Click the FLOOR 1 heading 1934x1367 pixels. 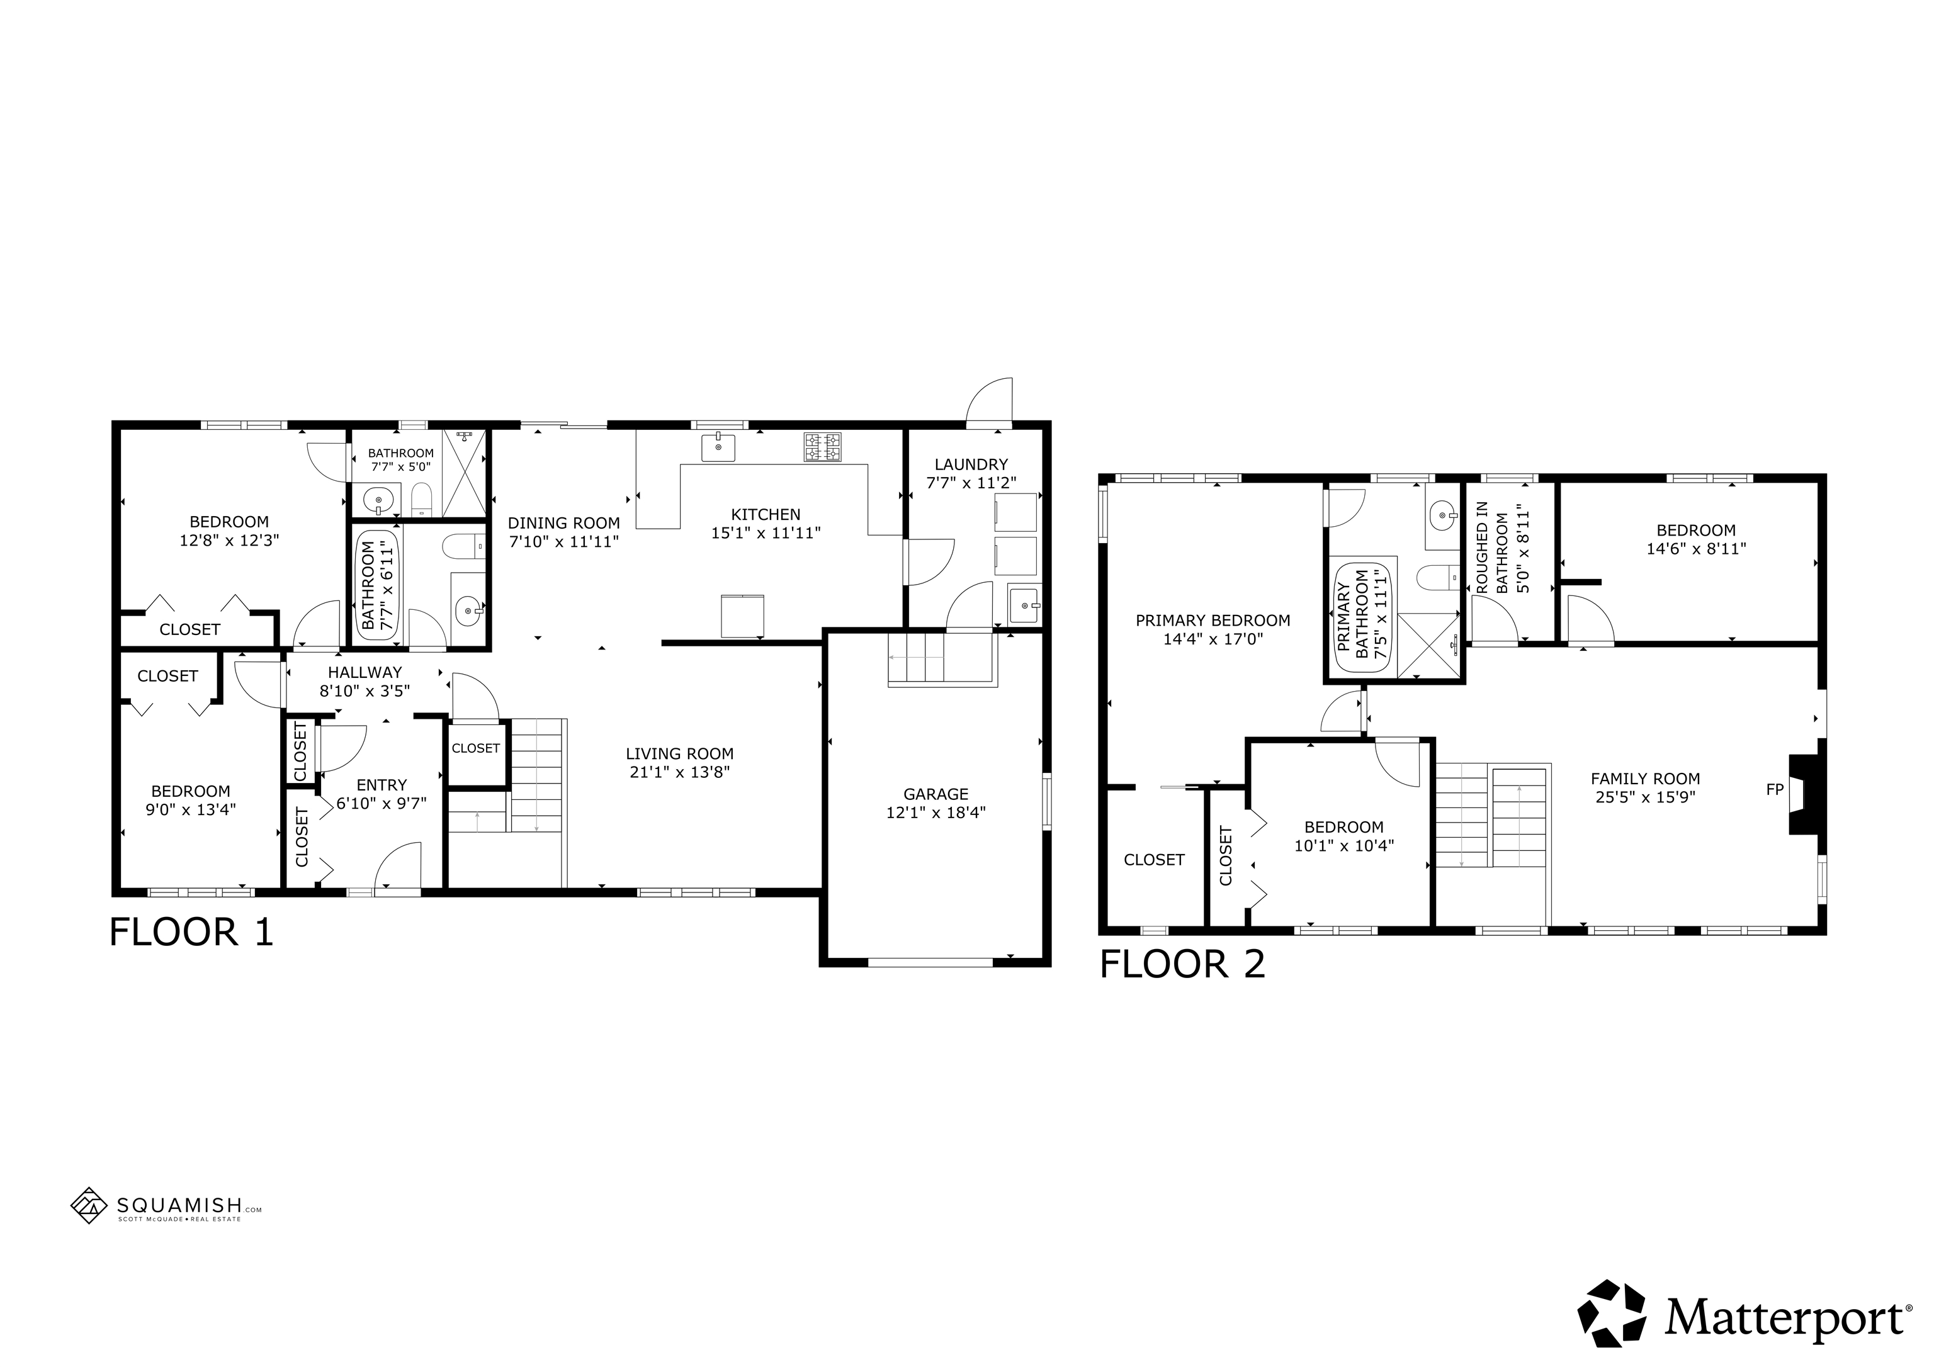pos(192,932)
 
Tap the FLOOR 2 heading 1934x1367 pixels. pos(1183,964)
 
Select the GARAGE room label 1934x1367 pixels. pos(936,794)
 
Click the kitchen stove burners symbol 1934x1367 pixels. pos(822,447)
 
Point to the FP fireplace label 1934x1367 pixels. pos(1775,790)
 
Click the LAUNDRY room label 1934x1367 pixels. pos(971,464)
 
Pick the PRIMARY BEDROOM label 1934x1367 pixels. pos(1213,621)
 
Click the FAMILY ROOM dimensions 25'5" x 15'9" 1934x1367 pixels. pos(1645,797)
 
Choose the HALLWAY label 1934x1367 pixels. pos(365,672)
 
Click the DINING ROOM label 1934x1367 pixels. pos(563,523)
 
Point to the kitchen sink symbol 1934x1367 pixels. pos(718,447)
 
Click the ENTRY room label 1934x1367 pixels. pos(382,785)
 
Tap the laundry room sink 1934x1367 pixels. pos(1025,605)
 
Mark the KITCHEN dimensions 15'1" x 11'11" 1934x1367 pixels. pos(766,532)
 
